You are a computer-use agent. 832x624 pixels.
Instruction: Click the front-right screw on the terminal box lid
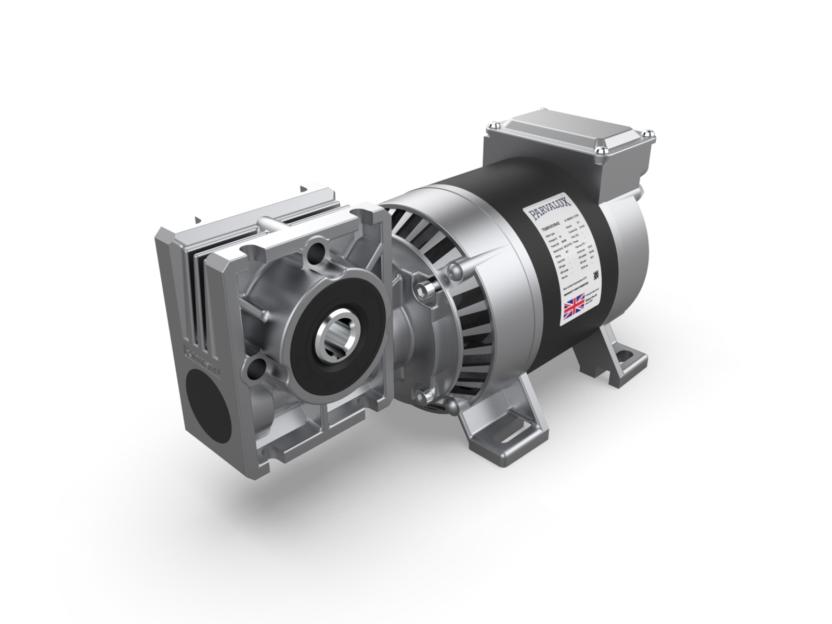tap(602, 150)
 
